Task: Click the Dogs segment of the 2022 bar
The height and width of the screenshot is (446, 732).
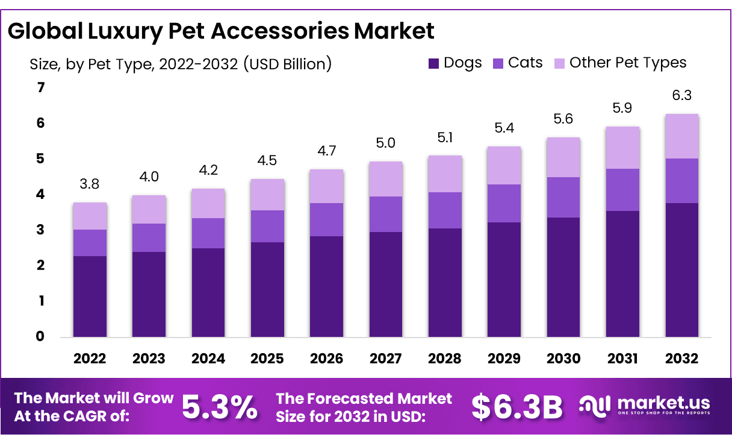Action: point(90,296)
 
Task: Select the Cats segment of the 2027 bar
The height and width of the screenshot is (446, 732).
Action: point(386,214)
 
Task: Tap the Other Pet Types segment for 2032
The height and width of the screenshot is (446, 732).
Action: point(681,136)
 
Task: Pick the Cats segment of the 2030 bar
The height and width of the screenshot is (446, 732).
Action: point(563,197)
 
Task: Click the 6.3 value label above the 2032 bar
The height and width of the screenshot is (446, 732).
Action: point(681,95)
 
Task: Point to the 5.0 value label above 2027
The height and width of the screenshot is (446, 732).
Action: point(386,143)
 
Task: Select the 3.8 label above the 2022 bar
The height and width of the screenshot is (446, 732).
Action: point(90,184)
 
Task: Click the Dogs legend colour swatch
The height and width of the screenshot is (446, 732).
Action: point(434,63)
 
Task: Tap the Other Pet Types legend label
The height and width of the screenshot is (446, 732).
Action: point(628,63)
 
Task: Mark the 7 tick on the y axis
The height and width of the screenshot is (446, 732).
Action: point(41,88)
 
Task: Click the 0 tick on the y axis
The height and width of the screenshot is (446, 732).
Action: point(41,336)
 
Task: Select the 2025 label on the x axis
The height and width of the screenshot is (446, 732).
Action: point(267,359)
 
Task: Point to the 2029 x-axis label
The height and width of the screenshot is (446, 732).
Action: point(504,359)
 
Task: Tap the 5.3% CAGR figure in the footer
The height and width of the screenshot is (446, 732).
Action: point(219,407)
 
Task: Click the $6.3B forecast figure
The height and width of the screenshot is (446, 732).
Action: point(517,407)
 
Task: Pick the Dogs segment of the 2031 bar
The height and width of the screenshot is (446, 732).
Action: point(622,273)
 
